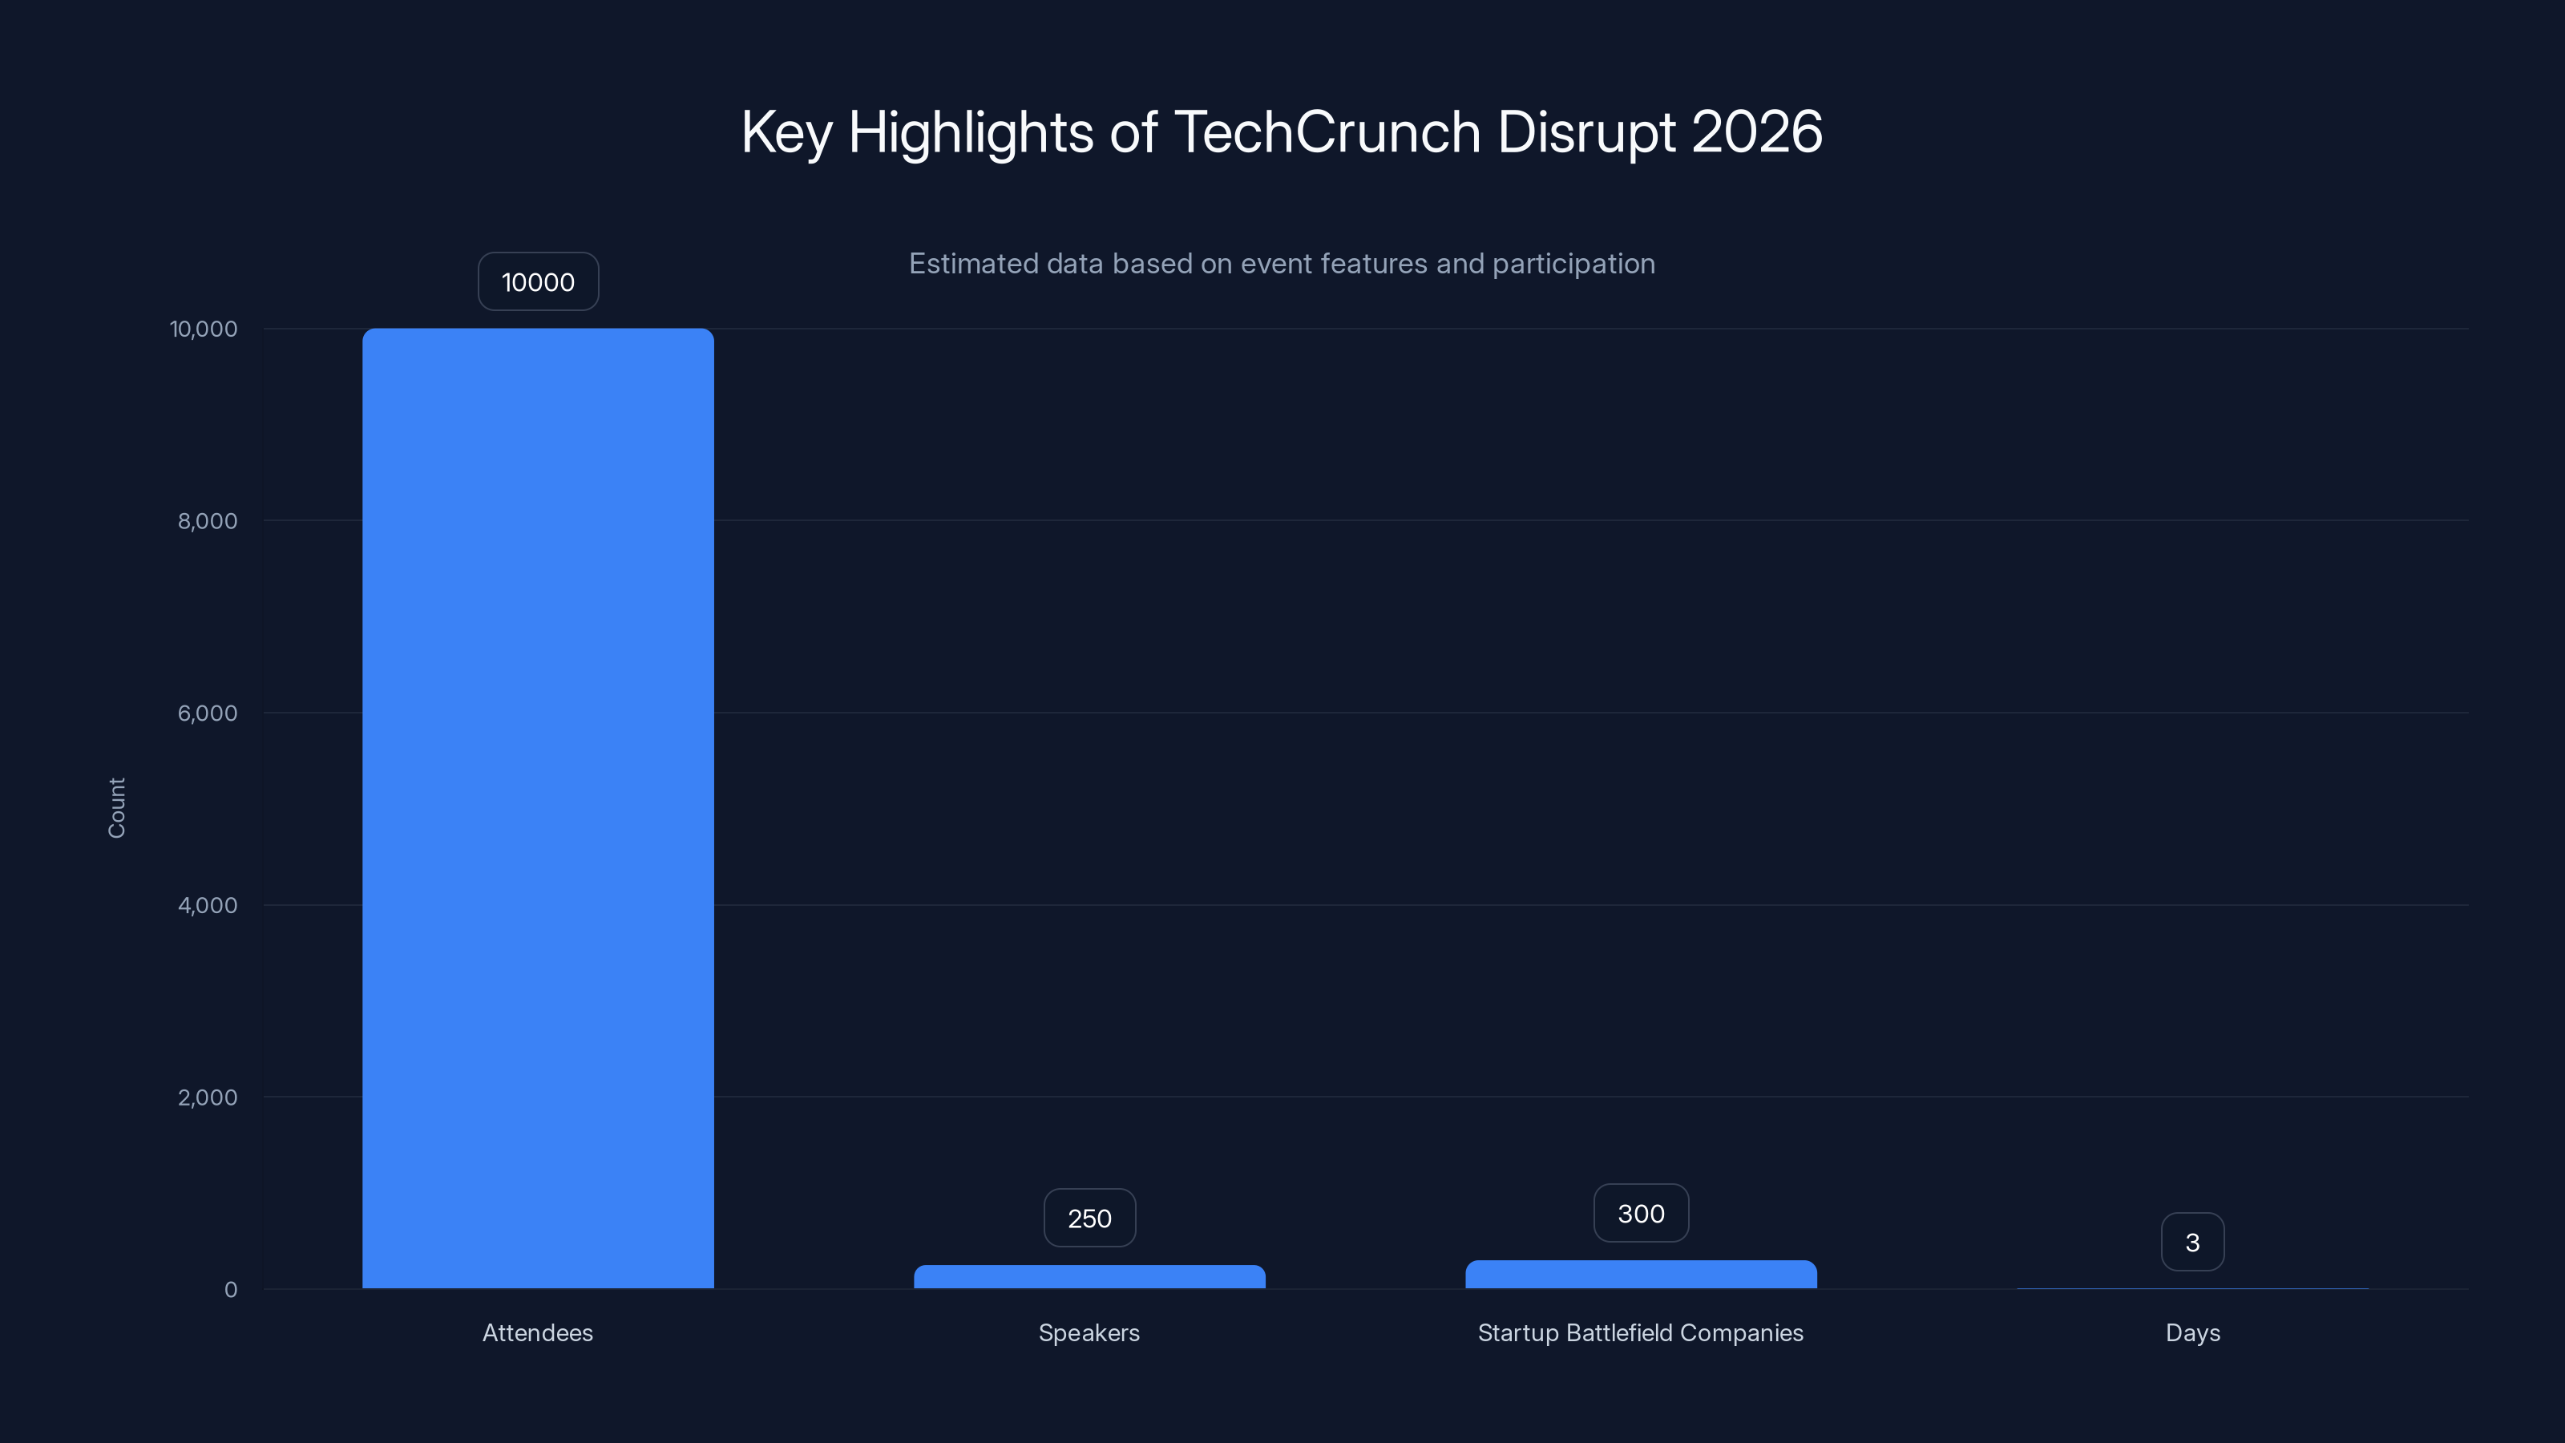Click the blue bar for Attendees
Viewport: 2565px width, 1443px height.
[538, 807]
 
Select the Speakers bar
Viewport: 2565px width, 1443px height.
[1089, 1277]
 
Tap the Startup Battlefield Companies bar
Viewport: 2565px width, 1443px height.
[1641, 1275]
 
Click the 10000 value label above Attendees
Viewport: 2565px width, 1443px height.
[538, 282]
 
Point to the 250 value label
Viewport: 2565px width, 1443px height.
[1089, 1218]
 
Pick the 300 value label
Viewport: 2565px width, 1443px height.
[1641, 1213]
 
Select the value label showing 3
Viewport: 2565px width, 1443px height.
[2192, 1242]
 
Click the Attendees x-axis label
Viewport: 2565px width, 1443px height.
[538, 1332]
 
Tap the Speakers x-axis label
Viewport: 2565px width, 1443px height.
[1089, 1332]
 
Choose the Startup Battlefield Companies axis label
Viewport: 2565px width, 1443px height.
[1641, 1332]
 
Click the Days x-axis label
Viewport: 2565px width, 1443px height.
[2192, 1332]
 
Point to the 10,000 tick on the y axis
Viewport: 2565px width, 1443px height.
[204, 329]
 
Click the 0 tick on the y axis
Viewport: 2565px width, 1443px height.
[231, 1290]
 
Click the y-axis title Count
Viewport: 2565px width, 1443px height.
[116, 807]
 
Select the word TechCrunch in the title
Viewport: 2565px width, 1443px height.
[1327, 131]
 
